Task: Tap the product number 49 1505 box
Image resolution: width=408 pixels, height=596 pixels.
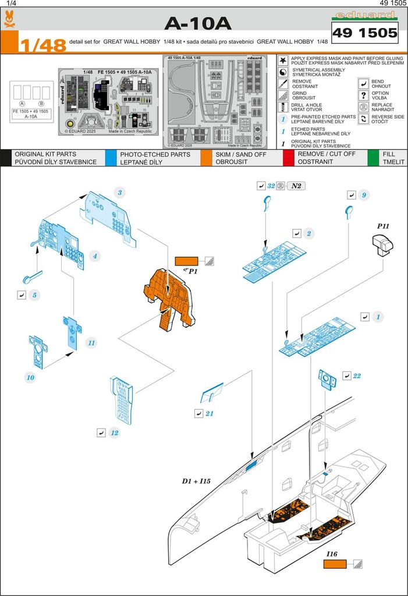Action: point(364,33)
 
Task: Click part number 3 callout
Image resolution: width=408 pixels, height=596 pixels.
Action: point(119,193)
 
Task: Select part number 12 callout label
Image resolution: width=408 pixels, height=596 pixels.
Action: point(115,432)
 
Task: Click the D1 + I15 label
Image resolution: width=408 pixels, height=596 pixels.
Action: point(196,482)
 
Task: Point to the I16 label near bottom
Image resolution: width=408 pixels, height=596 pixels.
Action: point(332,554)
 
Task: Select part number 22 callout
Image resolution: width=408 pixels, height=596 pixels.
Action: point(357,376)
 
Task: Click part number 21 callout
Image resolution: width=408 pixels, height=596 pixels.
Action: point(210,413)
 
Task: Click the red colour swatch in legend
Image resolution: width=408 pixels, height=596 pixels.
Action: point(288,158)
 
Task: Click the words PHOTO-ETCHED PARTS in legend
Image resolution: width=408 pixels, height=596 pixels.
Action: point(155,154)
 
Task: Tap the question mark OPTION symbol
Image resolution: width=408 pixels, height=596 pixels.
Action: point(363,95)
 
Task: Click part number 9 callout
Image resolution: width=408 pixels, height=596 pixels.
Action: point(363,196)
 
